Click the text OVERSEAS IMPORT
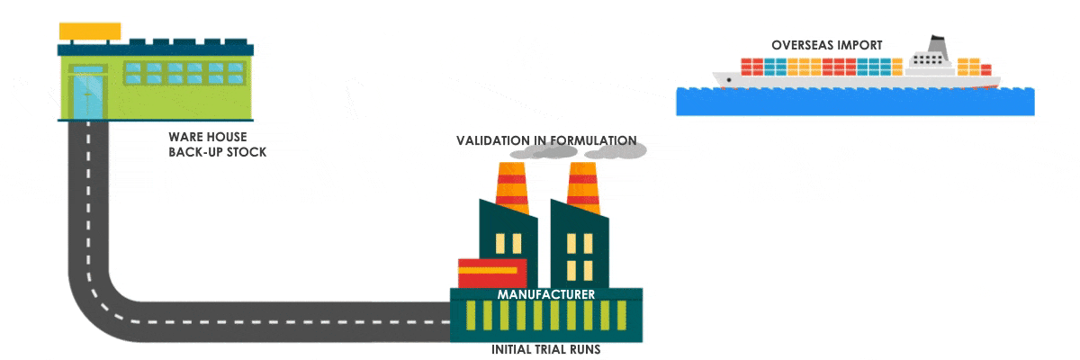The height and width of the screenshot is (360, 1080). coord(826,44)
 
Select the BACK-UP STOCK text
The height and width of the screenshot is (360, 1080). coord(218,152)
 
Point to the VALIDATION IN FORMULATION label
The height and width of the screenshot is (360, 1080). coord(546,140)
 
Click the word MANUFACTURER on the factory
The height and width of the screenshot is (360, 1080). coord(546,294)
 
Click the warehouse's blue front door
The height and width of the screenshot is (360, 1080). coord(88,96)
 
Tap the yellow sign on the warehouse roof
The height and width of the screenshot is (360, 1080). coord(90,31)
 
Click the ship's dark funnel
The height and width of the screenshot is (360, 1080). coord(938,44)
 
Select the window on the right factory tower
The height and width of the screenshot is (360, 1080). coord(580,244)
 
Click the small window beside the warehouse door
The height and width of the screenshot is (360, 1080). coord(88,68)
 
